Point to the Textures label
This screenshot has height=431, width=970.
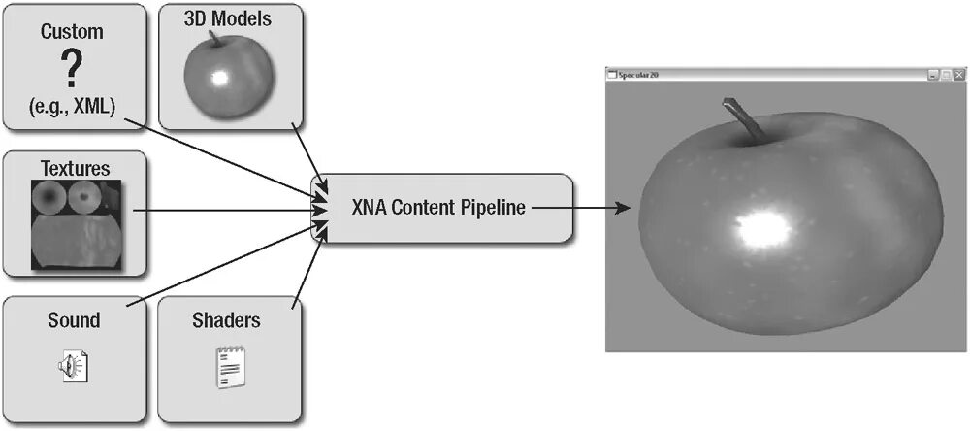coord(75,169)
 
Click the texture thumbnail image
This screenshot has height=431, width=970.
coord(76,223)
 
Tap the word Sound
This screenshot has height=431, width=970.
coord(74,319)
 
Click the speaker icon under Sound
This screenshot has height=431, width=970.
coord(74,367)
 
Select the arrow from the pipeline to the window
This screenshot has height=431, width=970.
coord(582,207)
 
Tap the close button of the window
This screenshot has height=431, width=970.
coord(958,74)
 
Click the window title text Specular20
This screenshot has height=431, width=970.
coord(637,74)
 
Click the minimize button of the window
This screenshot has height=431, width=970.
coord(932,74)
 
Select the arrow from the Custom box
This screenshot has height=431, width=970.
coord(223,160)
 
